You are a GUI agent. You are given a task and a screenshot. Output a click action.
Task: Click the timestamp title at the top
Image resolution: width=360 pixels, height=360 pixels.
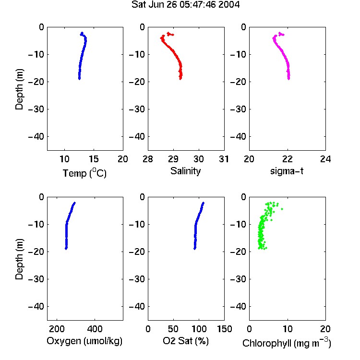(x=185, y=5)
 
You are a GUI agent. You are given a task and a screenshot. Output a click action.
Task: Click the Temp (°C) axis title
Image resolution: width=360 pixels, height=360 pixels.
(x=84, y=173)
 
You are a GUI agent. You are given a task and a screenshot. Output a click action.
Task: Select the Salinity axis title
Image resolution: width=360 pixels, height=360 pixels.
(x=185, y=171)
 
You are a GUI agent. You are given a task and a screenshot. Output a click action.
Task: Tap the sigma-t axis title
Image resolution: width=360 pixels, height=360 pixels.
(x=287, y=171)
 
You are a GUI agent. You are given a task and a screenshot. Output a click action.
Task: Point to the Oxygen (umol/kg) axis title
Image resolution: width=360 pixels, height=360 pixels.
(x=84, y=341)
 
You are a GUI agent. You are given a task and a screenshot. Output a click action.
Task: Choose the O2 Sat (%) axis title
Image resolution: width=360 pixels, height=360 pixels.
(x=186, y=341)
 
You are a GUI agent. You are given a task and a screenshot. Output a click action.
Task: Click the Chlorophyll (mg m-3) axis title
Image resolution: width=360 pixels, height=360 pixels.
(x=287, y=343)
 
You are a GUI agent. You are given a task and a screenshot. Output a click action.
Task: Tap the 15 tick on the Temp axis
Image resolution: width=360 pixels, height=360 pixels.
(x=94, y=159)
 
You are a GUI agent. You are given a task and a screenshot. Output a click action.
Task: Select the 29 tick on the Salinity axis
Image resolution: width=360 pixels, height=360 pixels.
(x=173, y=159)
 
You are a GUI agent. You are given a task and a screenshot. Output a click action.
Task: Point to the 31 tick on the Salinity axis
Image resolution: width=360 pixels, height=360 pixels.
(x=224, y=159)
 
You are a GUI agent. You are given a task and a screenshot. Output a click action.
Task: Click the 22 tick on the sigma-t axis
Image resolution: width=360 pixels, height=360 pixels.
(x=288, y=159)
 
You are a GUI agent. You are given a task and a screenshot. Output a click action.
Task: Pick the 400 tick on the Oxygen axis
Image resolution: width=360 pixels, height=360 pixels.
(x=95, y=329)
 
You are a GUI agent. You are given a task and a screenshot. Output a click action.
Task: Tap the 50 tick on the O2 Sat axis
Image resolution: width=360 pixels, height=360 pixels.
(x=173, y=329)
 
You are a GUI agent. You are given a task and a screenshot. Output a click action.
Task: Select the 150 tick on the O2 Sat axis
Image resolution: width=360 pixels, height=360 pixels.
(x=224, y=329)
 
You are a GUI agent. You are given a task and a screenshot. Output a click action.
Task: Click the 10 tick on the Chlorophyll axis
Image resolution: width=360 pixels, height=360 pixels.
(x=288, y=329)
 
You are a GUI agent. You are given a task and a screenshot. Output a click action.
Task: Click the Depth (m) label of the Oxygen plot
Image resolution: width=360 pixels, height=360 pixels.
(x=19, y=259)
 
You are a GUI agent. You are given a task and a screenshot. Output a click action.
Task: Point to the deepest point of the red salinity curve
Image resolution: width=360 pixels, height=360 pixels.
(x=180, y=79)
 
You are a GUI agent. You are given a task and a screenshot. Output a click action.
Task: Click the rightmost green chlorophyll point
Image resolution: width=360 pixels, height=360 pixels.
(x=282, y=209)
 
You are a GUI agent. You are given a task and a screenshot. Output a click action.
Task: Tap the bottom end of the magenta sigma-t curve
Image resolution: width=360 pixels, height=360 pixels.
(x=288, y=79)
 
